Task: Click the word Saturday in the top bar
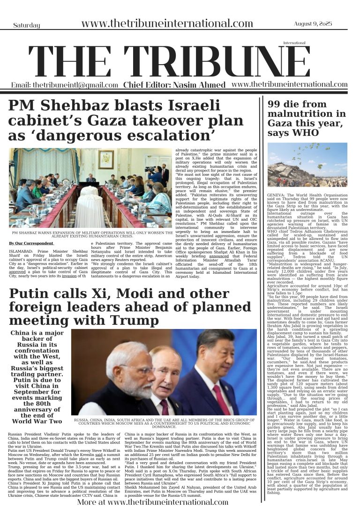click(x=26, y=25)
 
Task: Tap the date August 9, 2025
click(x=314, y=24)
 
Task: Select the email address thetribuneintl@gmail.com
click(x=65, y=85)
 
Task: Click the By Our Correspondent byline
click(x=31, y=243)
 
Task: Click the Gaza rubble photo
click(x=307, y=165)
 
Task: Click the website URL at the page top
click(x=167, y=24)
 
